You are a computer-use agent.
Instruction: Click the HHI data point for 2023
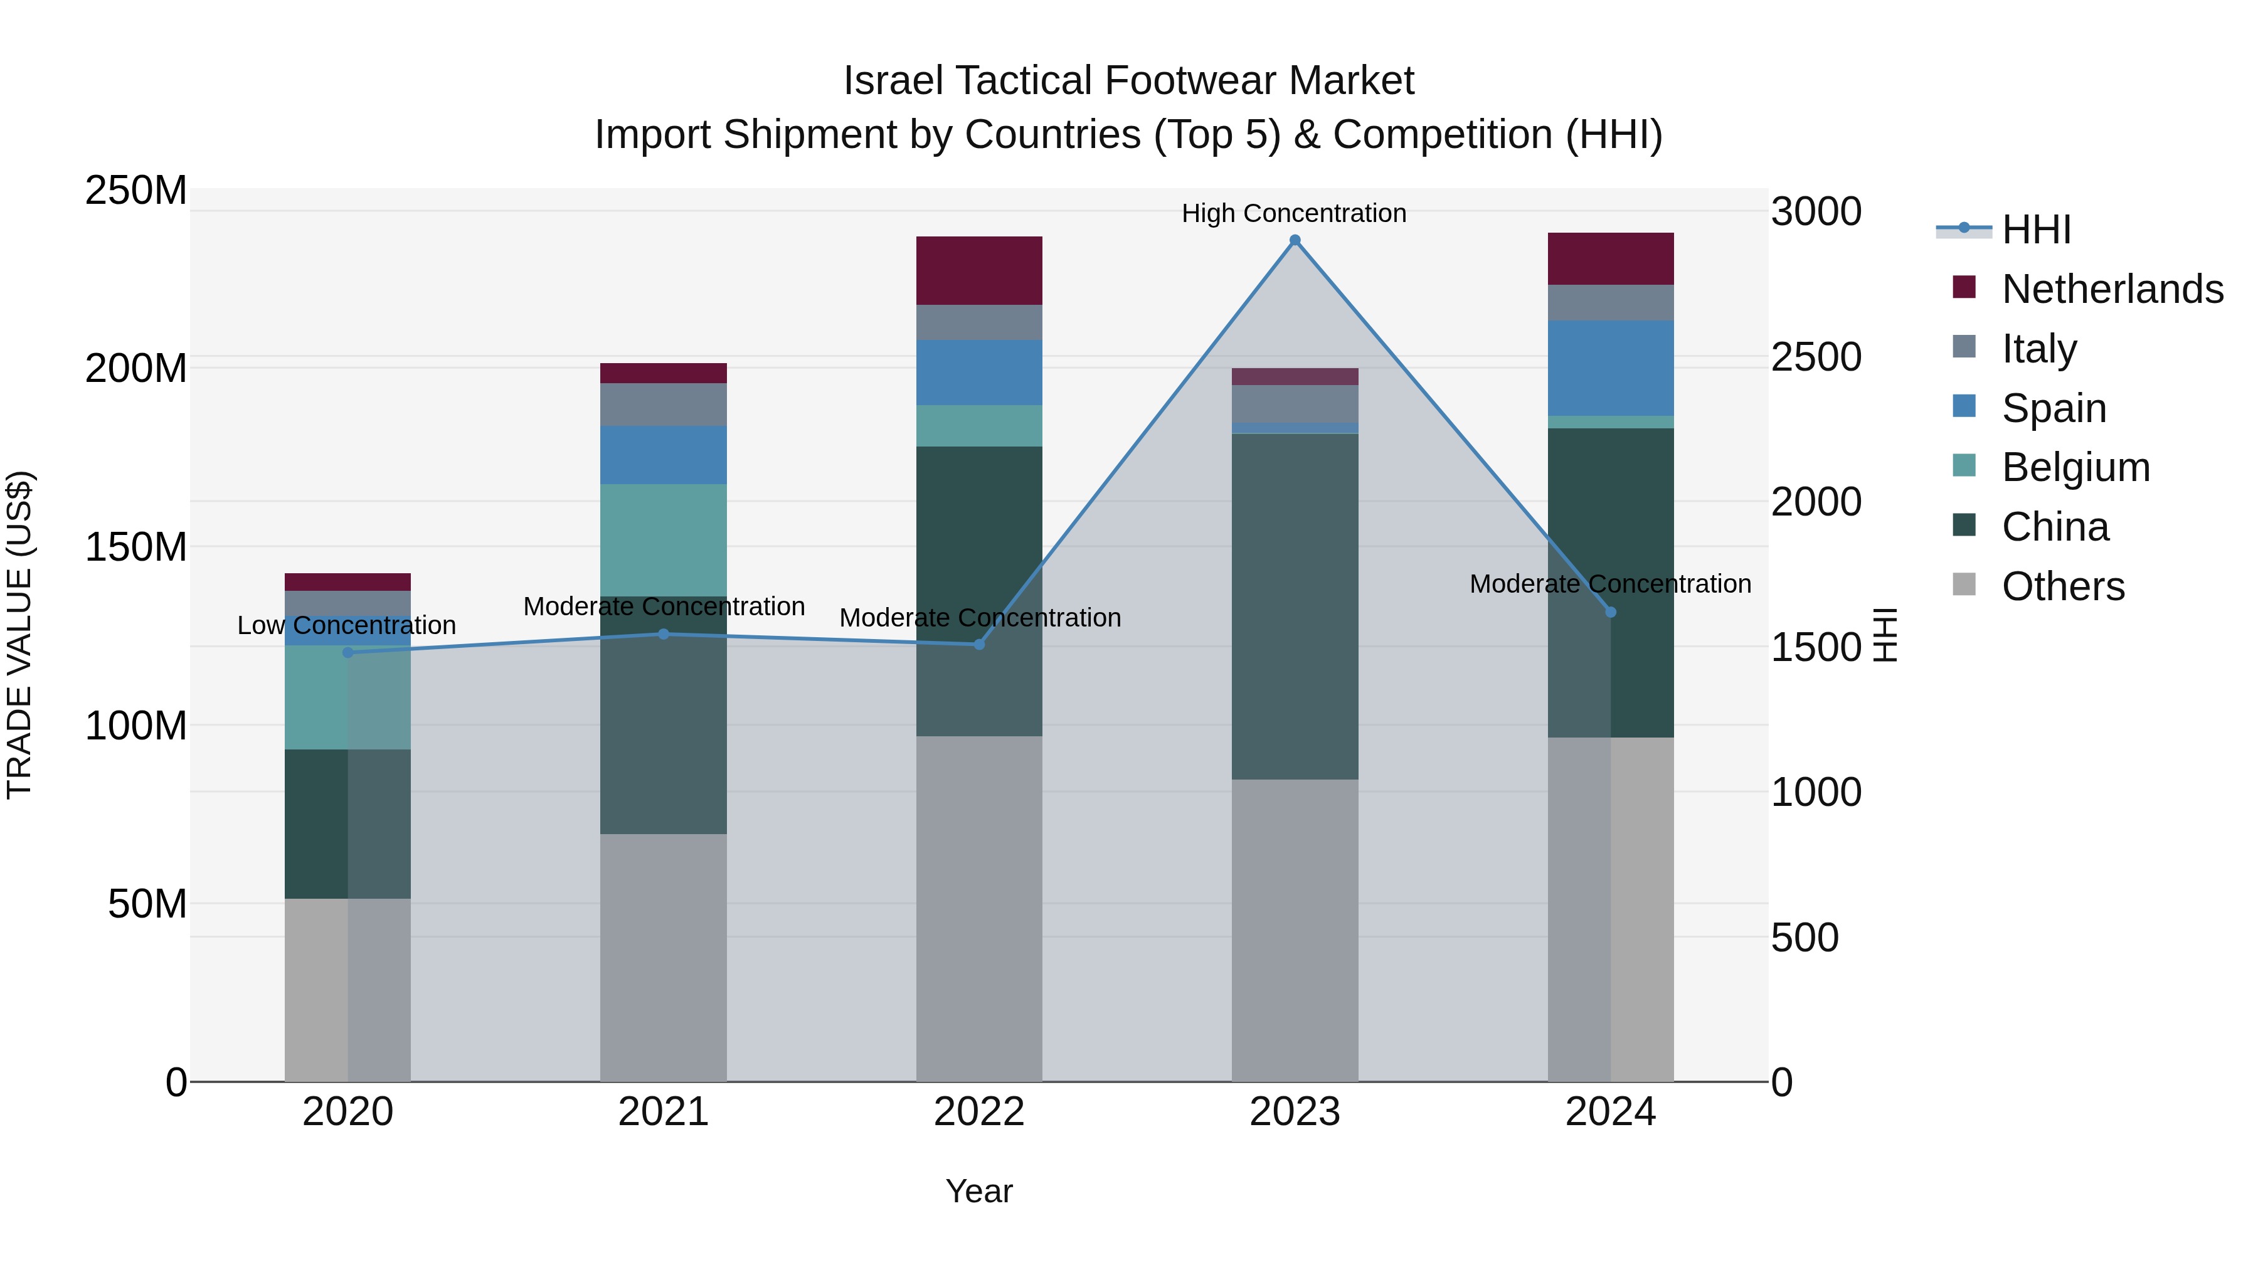(x=1295, y=240)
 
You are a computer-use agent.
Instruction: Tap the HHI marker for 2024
(x=1610, y=611)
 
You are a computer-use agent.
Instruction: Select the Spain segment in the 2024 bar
(x=1610, y=368)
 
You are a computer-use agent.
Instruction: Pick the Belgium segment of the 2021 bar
(x=664, y=540)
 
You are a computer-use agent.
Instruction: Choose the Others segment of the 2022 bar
(x=979, y=908)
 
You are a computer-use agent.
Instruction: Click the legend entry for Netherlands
(x=2112, y=289)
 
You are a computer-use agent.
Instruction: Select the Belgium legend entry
(x=2075, y=467)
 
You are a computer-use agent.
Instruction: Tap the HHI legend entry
(x=2035, y=230)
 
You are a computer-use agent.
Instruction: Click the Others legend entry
(x=2062, y=586)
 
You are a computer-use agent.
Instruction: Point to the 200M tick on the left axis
(x=136, y=368)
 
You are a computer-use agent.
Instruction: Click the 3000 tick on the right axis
(x=1815, y=212)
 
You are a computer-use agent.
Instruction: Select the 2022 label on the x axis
(x=979, y=1112)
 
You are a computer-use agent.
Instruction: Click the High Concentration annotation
(x=1294, y=213)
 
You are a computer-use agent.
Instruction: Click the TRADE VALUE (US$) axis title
(x=19, y=635)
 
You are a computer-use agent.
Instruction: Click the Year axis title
(x=979, y=1191)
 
